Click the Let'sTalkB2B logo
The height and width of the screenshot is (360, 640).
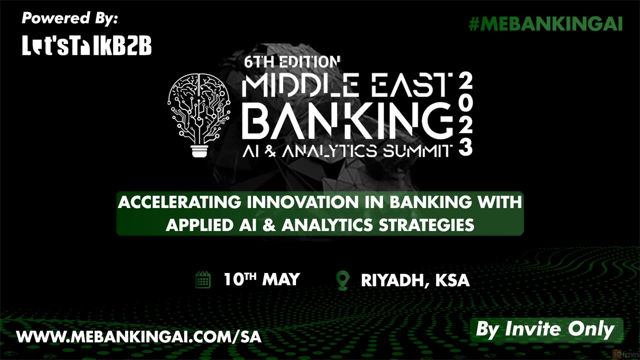pyautogui.click(x=87, y=45)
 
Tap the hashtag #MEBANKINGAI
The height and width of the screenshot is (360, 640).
pyautogui.click(x=545, y=24)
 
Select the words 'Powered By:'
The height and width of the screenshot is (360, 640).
pyautogui.click(x=69, y=18)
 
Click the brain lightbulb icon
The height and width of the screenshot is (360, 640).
pyautogui.click(x=199, y=115)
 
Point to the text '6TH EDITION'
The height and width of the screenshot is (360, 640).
pyautogui.click(x=292, y=61)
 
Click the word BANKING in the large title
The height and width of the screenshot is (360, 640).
pyautogui.click(x=348, y=121)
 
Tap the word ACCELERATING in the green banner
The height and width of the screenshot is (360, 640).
pyautogui.click(x=179, y=202)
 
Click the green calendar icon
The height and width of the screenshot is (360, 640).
pyautogui.click(x=203, y=280)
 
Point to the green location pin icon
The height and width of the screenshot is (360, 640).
pyautogui.click(x=343, y=280)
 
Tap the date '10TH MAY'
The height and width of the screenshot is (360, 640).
pyautogui.click(x=261, y=279)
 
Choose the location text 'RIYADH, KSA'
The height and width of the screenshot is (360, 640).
pyautogui.click(x=415, y=280)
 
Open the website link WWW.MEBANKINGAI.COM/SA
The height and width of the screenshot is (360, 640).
pyautogui.click(x=139, y=337)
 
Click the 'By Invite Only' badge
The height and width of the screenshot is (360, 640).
pyautogui.click(x=546, y=330)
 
